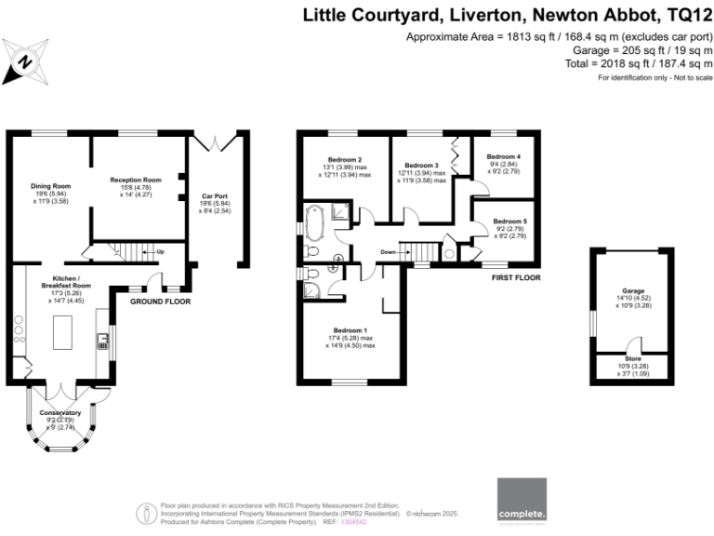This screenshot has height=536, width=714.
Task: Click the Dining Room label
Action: (x=50, y=186)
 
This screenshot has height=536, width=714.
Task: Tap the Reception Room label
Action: (x=136, y=180)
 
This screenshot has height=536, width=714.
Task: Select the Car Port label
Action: (x=215, y=196)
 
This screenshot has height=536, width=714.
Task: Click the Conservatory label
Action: (x=59, y=412)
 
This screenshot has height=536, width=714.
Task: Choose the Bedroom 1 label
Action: (x=350, y=330)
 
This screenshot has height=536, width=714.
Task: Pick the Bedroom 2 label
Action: (x=345, y=159)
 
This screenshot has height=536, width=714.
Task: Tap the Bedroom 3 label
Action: (x=420, y=166)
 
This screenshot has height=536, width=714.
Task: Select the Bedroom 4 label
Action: (x=503, y=156)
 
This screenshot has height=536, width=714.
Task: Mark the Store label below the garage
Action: (x=632, y=358)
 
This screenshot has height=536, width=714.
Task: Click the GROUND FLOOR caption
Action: (x=160, y=302)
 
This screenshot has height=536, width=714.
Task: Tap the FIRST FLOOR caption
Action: (x=516, y=277)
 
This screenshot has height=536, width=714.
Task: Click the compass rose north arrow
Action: (x=25, y=62)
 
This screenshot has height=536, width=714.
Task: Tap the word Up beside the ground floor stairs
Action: (x=160, y=251)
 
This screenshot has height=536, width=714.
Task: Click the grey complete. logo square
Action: (x=522, y=501)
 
